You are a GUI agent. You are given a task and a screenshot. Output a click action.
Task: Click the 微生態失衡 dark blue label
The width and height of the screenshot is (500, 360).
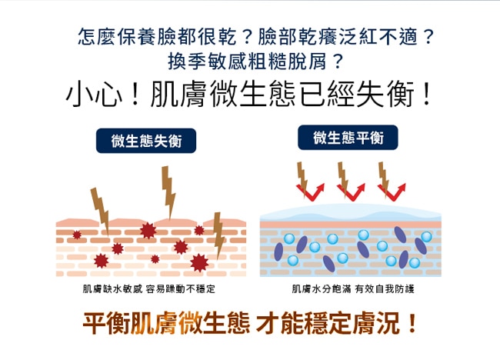pyautogui.click(x=146, y=140)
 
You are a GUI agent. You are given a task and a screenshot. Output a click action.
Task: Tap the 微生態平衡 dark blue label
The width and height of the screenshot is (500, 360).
pyautogui.click(x=348, y=138)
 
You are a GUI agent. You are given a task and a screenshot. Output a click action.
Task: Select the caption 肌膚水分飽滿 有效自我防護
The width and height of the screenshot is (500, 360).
pyautogui.click(x=353, y=289)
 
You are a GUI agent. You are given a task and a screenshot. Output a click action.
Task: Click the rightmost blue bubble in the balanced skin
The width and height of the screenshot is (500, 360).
pyautogui.click(x=426, y=237)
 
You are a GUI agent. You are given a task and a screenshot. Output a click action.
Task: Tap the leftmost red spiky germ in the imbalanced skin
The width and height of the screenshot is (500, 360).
pyautogui.click(x=76, y=235)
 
